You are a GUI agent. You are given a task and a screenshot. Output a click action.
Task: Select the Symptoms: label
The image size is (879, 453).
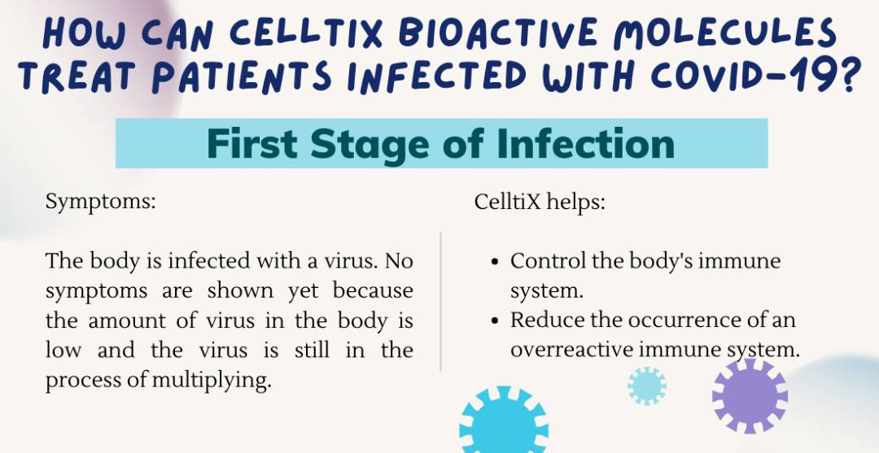pos(100,202)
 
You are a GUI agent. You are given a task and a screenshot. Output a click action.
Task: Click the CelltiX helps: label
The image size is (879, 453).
pos(540,202)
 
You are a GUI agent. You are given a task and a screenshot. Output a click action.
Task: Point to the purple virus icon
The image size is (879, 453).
pos(750,396)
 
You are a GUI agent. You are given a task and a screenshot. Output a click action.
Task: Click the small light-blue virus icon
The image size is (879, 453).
pos(647,385)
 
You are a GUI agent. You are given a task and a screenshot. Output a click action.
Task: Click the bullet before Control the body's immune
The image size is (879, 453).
pos(496,262)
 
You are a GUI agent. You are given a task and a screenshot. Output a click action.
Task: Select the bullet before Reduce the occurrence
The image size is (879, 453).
pos(496,320)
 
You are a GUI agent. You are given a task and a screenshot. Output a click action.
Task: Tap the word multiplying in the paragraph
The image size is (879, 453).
pos(221,381)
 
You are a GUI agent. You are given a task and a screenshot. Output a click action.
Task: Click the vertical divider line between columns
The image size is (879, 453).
pos(440,301)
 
